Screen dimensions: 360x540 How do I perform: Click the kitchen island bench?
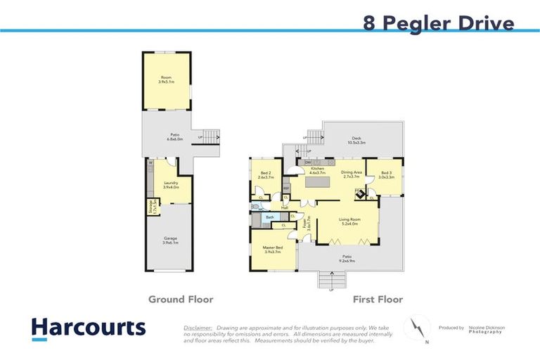point(316,184)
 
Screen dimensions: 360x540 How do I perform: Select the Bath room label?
point(269,218)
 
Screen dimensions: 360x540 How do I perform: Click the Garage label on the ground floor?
point(171,240)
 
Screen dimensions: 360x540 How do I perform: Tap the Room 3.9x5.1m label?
point(166,79)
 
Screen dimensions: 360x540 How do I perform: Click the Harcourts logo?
point(88,328)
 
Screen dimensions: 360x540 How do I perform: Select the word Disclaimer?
point(198,328)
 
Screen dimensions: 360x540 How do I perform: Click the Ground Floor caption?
point(181,300)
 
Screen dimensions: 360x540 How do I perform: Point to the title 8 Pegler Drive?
point(438,23)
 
